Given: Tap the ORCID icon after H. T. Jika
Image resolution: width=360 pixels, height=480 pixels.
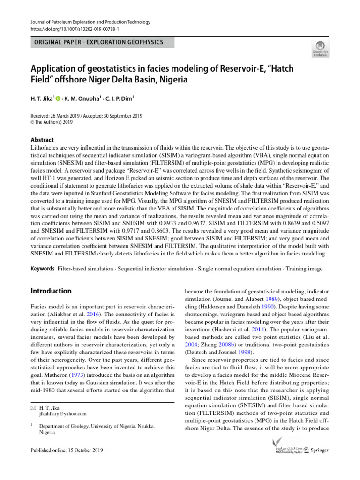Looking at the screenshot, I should point(58,99).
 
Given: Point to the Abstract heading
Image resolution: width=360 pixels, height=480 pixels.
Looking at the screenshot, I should point(41,140).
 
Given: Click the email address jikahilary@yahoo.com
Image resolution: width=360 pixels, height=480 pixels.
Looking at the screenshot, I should point(63,414).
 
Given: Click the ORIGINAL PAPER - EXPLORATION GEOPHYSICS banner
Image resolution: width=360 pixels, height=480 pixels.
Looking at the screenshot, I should point(98,43).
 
